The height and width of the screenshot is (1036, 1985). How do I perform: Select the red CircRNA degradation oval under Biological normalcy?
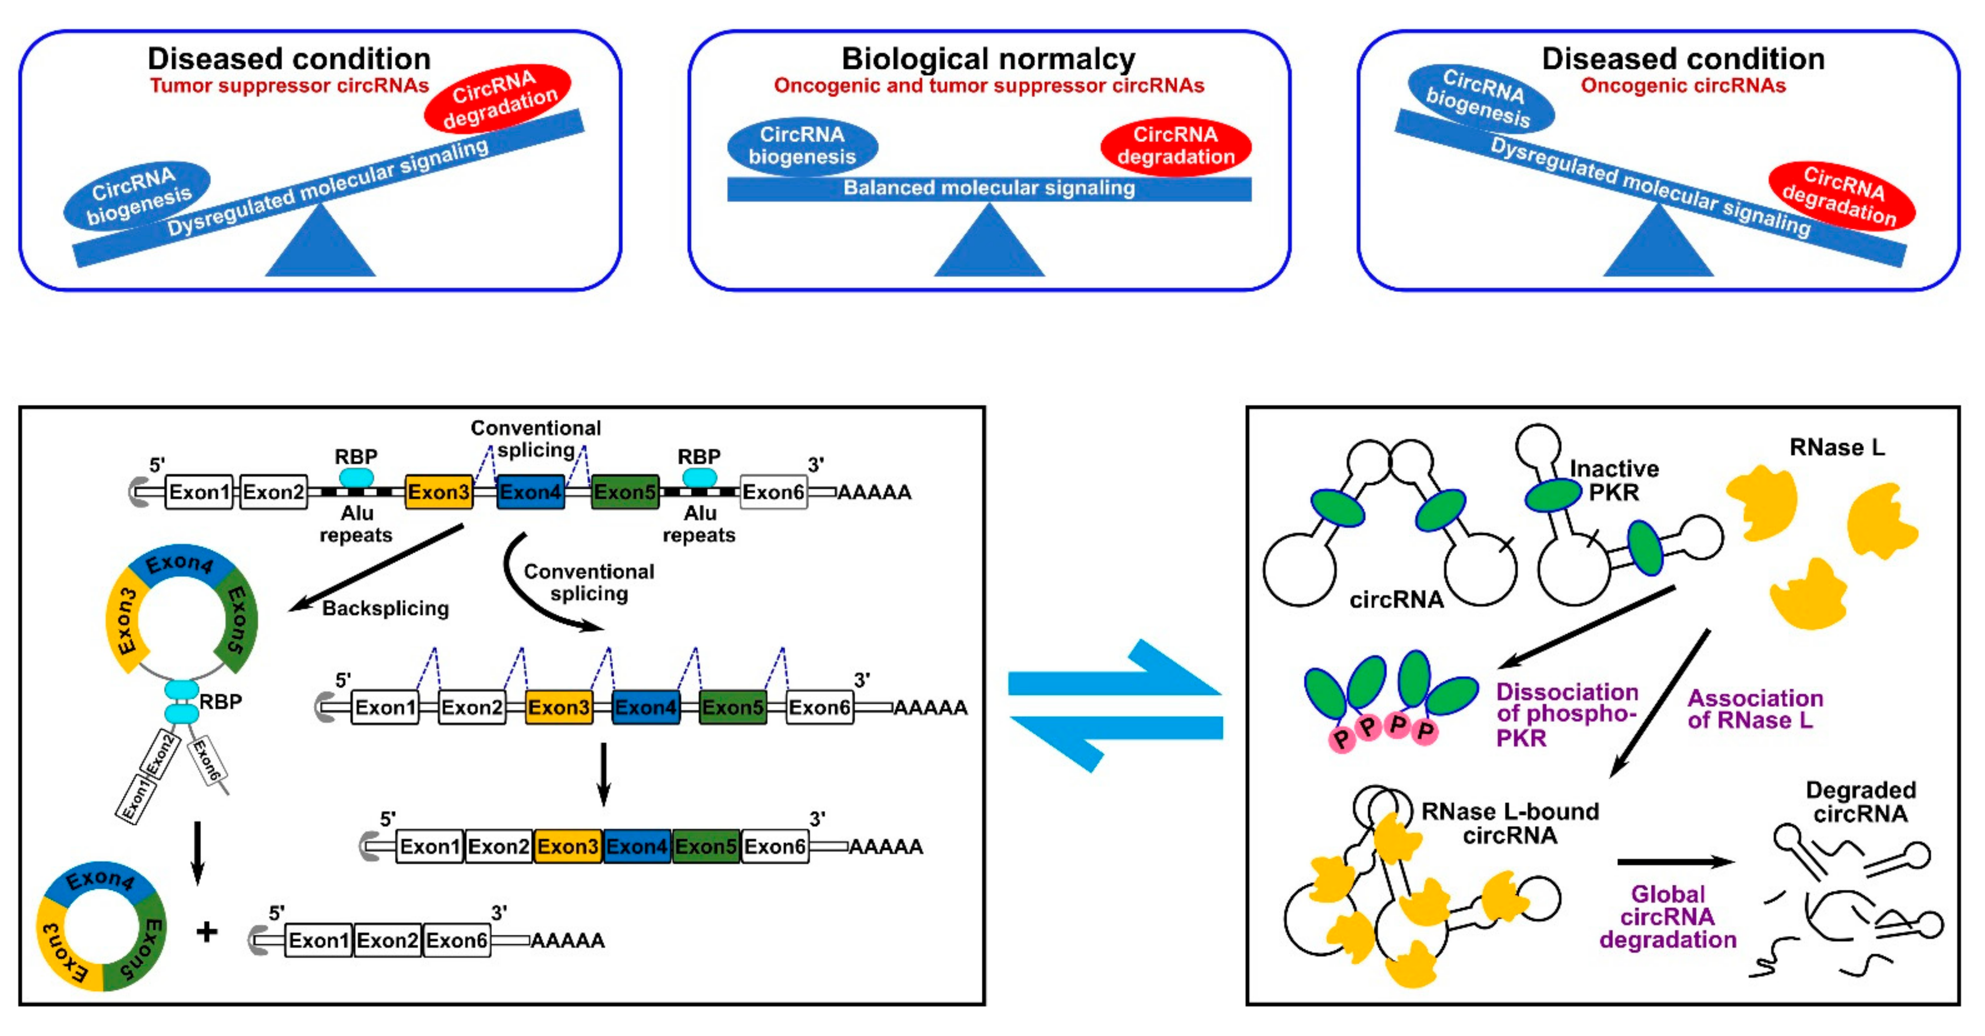[x=1175, y=146]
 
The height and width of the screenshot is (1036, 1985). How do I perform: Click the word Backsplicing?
[x=385, y=608]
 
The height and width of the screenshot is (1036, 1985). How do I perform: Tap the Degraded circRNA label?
[x=1860, y=802]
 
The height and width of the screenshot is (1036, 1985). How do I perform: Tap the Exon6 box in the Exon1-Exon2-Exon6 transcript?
[x=456, y=940]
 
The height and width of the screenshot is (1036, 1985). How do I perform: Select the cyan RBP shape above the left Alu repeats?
[x=356, y=477]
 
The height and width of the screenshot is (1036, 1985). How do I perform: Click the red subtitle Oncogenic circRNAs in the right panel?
[x=1683, y=86]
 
